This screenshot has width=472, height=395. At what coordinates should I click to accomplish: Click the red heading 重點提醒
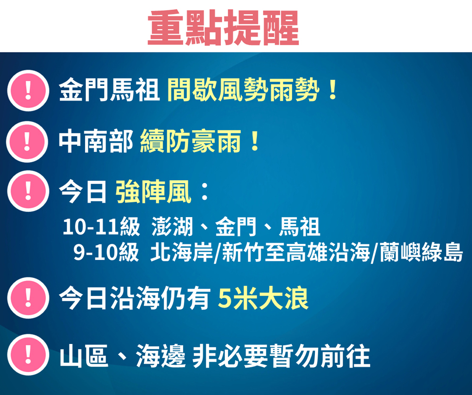tap(223, 27)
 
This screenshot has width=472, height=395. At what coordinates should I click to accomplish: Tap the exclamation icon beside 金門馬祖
tap(28, 90)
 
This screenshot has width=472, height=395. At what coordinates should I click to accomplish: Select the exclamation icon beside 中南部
tap(27, 142)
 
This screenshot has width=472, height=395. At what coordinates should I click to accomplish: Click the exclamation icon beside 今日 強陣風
tap(28, 191)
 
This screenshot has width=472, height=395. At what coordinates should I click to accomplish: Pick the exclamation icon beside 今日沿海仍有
tap(28, 298)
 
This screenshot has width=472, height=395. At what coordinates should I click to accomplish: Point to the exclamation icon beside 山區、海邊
tap(28, 355)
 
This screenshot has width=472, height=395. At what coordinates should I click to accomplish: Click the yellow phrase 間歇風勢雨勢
tap(243, 89)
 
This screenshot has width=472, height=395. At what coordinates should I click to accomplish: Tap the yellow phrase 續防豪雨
tap(191, 141)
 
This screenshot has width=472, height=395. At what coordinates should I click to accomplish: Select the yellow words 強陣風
tap(153, 192)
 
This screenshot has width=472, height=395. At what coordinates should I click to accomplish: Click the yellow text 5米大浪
tap(263, 298)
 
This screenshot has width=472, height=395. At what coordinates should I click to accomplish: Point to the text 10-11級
tap(101, 227)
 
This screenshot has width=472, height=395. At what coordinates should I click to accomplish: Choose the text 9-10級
tap(106, 252)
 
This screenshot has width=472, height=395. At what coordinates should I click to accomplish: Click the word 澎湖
tap(172, 227)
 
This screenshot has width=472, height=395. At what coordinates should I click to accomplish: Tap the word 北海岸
tap(182, 252)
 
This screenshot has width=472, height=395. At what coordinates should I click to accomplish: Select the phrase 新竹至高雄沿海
tap(295, 252)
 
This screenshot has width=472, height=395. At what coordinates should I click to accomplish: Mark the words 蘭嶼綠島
tap(421, 252)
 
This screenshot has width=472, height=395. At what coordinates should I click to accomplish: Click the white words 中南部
tap(96, 141)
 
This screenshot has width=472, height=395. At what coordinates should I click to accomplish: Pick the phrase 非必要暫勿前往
tap(281, 356)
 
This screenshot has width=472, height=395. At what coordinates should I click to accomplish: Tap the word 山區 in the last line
tap(84, 356)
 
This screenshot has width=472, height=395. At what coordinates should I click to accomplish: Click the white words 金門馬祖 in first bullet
tap(109, 90)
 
